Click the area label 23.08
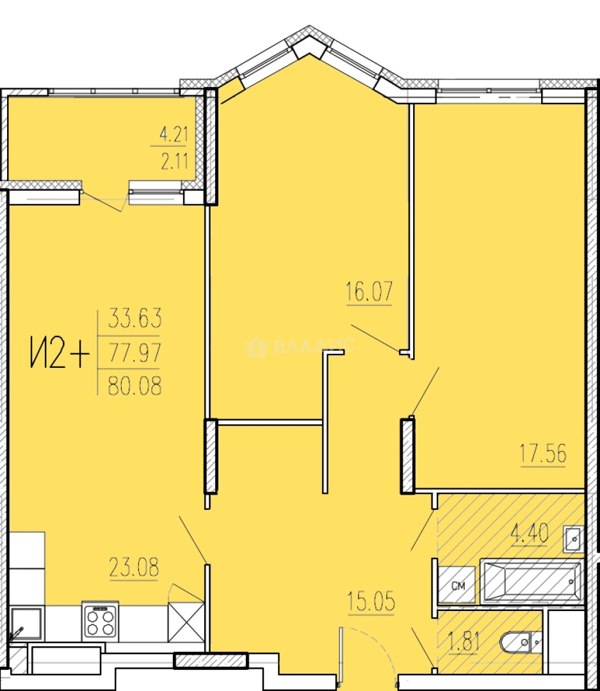[134, 567]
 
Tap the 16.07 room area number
[369, 291]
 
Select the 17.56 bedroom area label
[543, 454]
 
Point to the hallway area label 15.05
[371, 601]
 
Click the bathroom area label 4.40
[530, 533]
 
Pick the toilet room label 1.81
[464, 641]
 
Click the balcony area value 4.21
[174, 134]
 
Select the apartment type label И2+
[60, 352]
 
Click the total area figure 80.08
[135, 385]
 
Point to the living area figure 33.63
[135, 318]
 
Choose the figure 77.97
[135, 352]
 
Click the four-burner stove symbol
[100, 621]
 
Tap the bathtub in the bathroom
[532, 581]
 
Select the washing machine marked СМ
[457, 585]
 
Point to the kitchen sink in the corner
[26, 625]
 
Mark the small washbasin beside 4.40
[574, 538]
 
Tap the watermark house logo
[256, 346]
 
